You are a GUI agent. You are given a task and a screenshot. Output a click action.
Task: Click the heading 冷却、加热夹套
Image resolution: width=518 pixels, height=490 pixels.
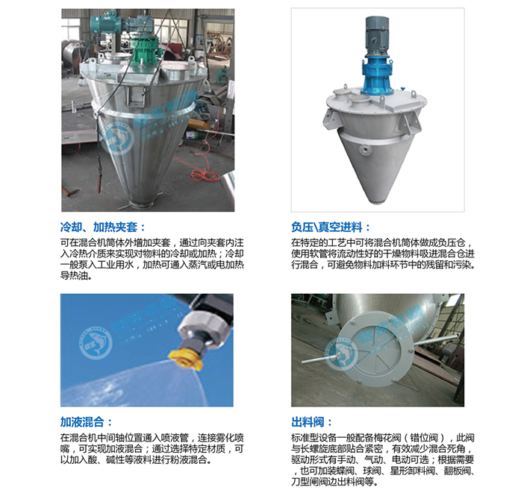click(103, 227)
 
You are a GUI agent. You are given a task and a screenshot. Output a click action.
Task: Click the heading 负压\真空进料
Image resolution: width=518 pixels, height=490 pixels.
click(331, 227)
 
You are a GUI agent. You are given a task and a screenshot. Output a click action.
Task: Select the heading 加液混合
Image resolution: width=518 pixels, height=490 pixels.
click(87, 422)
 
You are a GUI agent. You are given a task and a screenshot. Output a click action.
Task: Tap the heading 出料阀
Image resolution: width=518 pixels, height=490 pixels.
click(311, 422)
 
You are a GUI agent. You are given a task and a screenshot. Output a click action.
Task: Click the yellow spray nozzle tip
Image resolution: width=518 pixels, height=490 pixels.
click(182, 358)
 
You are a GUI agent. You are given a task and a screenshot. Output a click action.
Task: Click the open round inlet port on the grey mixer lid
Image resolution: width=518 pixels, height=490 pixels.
click(360, 100)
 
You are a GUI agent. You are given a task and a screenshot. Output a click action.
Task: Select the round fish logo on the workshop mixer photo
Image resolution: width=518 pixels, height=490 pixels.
click(118, 139)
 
